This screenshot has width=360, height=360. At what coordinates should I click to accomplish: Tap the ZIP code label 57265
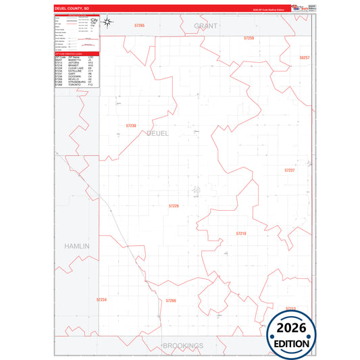140,26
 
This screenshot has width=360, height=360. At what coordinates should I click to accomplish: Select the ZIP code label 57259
249,38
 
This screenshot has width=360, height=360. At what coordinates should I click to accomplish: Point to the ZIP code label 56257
304,58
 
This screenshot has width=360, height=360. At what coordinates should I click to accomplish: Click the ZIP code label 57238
131,126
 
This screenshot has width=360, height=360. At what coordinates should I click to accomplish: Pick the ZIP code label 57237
290,170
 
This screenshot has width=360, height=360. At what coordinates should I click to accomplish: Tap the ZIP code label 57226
173,205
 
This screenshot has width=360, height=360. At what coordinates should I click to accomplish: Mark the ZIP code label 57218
241,233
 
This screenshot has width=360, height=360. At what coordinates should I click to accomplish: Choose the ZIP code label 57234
102,299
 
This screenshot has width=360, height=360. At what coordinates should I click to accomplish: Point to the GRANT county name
205,26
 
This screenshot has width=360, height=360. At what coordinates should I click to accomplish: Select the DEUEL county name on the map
157,134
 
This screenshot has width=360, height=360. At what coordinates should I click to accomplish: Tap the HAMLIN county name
77,247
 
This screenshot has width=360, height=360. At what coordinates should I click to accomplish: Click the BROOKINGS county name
183,345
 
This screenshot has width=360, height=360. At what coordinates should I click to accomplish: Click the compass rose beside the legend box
113,24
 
